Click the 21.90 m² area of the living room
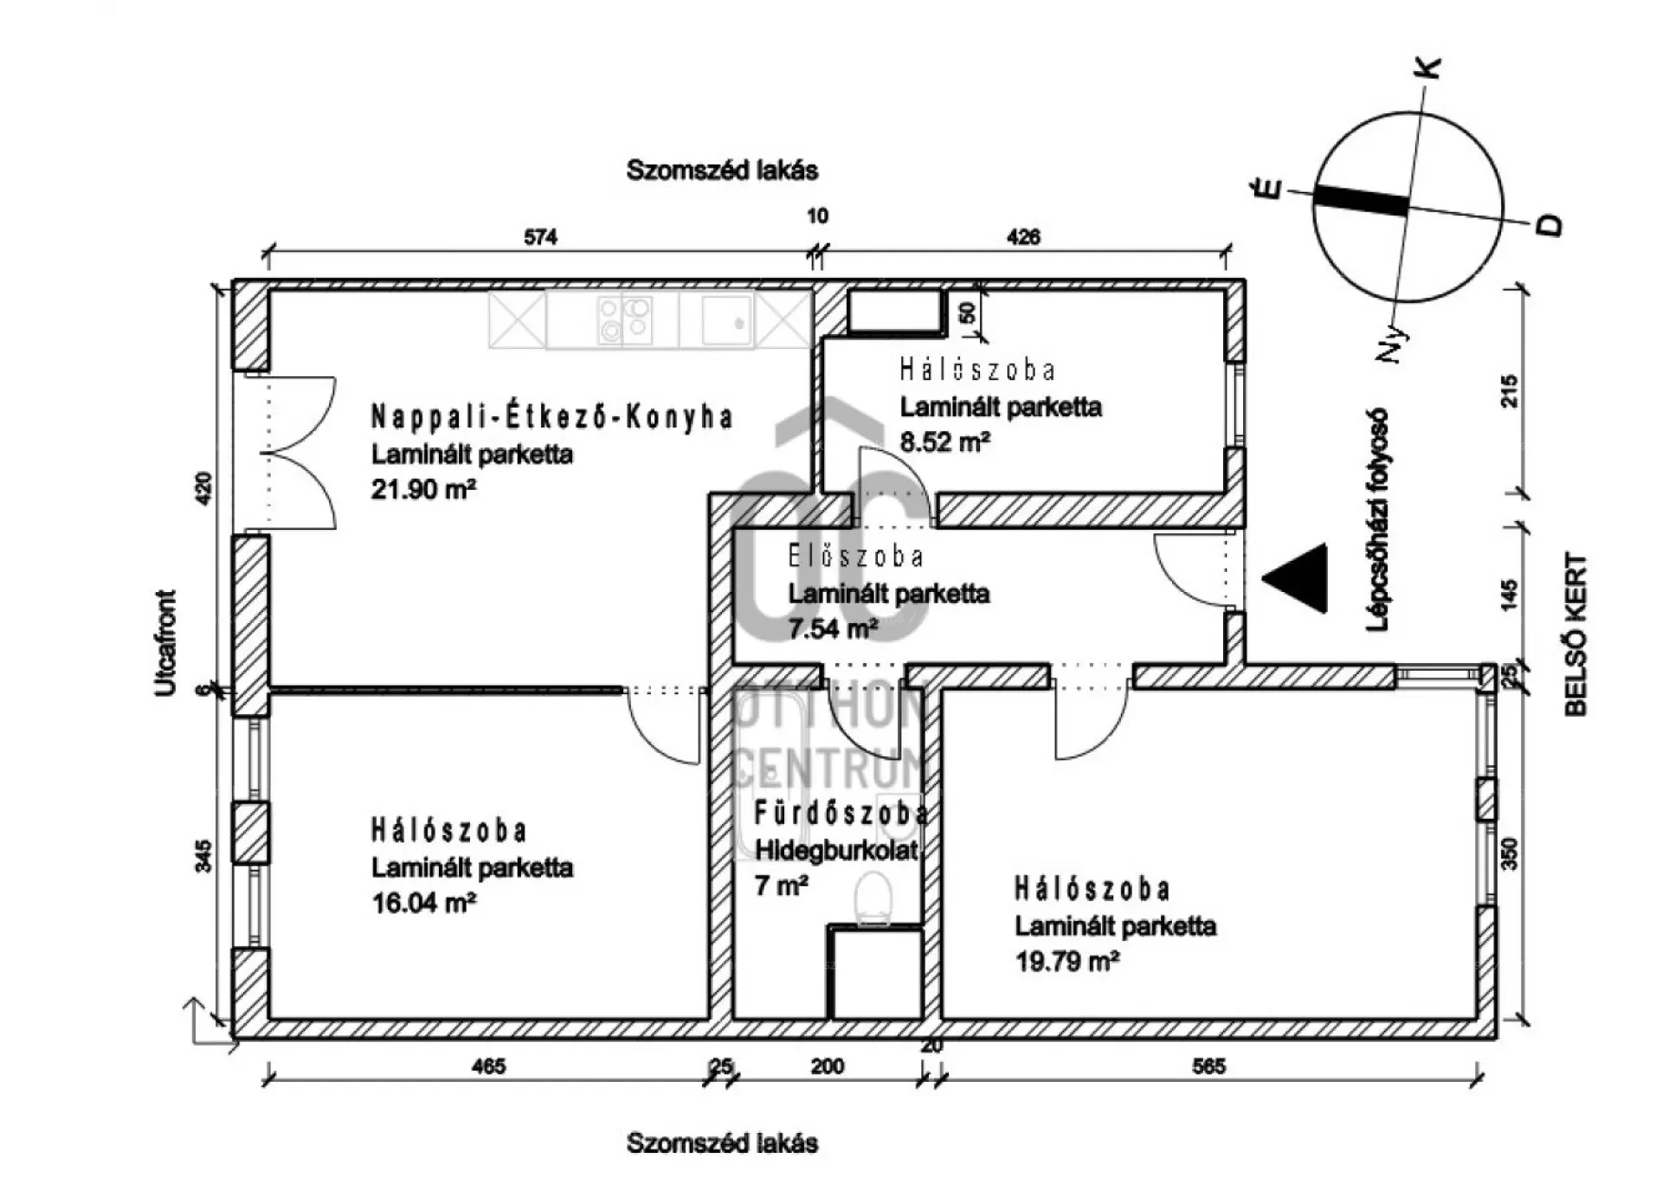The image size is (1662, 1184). tap(423, 490)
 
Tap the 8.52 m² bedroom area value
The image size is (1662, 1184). tap(944, 442)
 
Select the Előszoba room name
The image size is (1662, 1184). tap(855, 557)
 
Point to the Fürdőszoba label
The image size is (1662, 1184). tap(841, 814)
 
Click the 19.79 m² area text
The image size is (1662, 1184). tap(1067, 962)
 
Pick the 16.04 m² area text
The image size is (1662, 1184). tap(423, 904)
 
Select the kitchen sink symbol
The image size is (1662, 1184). tap(726, 320)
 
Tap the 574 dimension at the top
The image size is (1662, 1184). tap(540, 237)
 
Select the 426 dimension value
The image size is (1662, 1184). tap(1023, 237)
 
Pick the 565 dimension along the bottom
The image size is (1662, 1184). tap(1208, 1066)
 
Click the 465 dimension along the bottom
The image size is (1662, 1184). tap(488, 1066)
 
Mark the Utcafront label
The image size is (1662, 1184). tap(165, 642)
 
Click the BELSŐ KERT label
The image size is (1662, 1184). tap(1576, 634)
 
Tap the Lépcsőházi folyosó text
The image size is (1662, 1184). tap(1377, 519)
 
